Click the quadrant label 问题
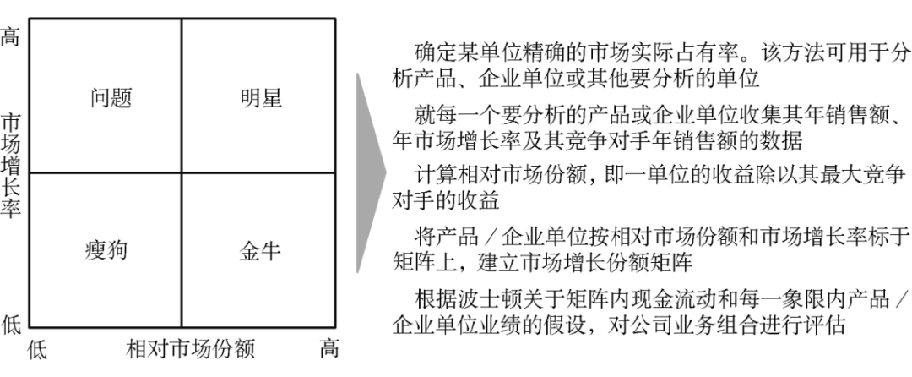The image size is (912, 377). [111, 99]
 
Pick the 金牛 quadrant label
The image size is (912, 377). [260, 251]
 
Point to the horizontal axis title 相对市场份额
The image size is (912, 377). [190, 348]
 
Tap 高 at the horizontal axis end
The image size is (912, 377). [329, 348]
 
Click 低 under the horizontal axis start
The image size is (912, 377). [39, 348]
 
